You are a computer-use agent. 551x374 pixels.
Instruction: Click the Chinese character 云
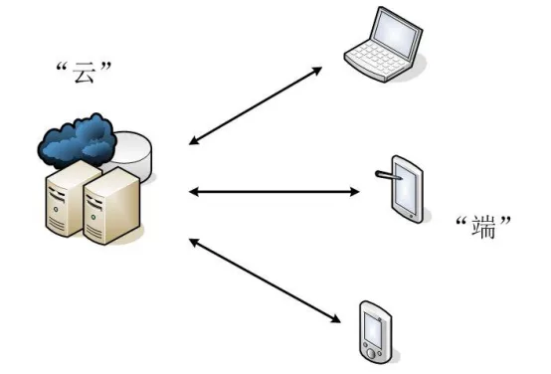(85, 73)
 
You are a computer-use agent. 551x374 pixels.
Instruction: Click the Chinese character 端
(483, 227)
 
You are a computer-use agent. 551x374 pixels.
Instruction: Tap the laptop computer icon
(384, 45)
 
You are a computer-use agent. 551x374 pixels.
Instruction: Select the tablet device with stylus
(403, 188)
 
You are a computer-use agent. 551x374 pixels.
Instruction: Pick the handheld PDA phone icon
(375, 332)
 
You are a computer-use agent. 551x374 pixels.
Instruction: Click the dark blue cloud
(78, 140)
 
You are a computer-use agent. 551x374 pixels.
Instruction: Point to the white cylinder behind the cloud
(133, 154)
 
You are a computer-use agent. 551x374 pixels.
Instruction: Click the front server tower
(111, 206)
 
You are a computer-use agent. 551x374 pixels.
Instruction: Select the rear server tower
(71, 197)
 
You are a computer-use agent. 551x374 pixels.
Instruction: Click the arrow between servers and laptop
(256, 105)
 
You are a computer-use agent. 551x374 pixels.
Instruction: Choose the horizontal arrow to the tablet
(275, 192)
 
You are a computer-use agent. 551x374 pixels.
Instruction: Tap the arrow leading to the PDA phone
(265, 280)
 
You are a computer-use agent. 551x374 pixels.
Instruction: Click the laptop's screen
(397, 34)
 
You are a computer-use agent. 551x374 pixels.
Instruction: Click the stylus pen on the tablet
(388, 175)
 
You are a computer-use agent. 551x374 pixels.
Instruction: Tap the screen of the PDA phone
(373, 328)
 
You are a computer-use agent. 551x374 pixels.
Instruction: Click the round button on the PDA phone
(371, 353)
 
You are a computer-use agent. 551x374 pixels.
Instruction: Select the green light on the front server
(93, 217)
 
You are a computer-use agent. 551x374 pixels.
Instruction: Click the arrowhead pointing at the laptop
(317, 70)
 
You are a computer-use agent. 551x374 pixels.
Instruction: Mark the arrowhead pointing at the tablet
(355, 192)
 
